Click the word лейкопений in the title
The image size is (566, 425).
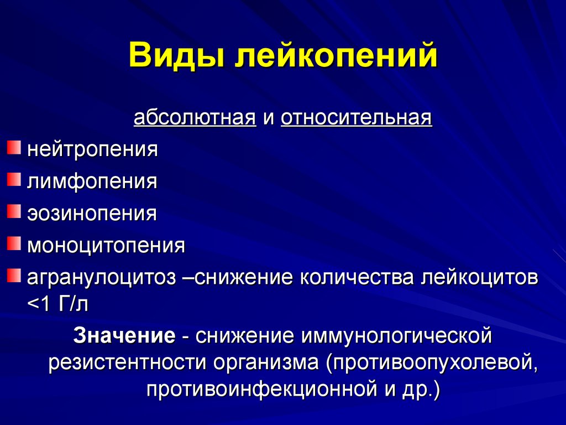point(336,55)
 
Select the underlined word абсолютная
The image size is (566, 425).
point(195,117)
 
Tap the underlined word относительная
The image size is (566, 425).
point(357,117)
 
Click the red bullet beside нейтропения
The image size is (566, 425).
point(14,147)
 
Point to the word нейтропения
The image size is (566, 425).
point(92,149)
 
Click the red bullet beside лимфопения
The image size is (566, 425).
point(14,179)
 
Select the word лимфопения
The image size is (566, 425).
point(92,181)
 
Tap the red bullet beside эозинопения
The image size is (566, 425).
point(14,211)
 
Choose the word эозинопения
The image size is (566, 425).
point(92,213)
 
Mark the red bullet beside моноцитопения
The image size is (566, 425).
point(14,243)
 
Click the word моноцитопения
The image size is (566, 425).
point(106,245)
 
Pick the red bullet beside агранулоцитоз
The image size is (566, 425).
point(14,276)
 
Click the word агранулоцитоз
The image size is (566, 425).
point(102,278)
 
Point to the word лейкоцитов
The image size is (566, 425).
point(479,278)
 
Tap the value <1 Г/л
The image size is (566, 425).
point(57,304)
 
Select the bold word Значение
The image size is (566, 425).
point(124,335)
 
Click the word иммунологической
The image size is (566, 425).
point(397,335)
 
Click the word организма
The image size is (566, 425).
point(266,362)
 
